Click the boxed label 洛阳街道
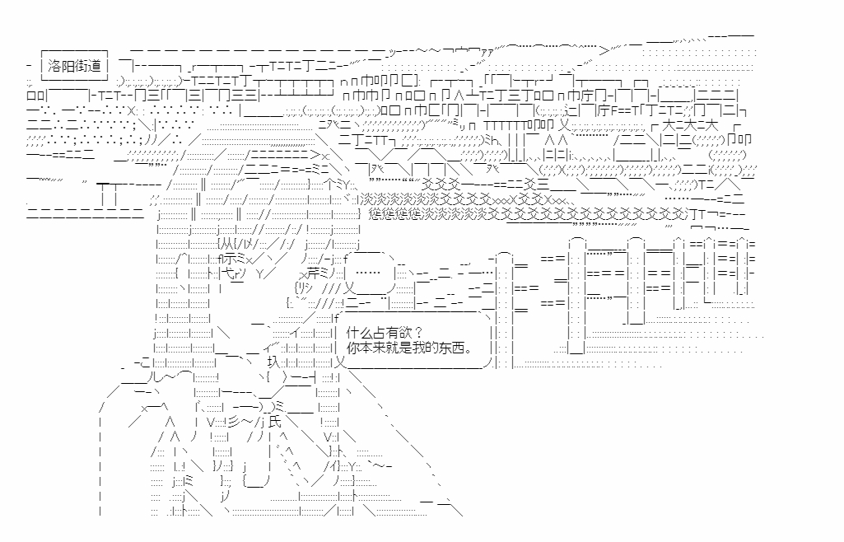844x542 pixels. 75,66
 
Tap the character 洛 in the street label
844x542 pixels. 55,66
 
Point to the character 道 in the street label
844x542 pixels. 95,66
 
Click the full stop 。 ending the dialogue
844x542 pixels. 469,349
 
